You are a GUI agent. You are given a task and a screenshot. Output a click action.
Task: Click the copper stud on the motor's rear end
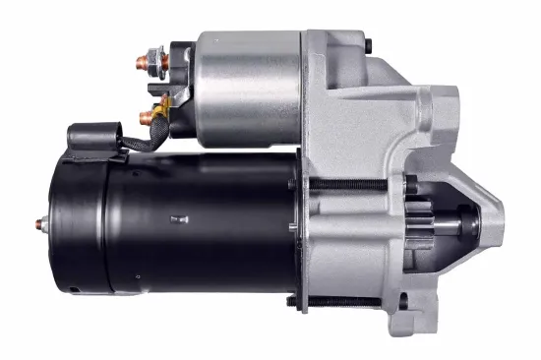coord(40,223)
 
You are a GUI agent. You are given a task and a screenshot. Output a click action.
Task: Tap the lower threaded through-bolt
coord(349,300)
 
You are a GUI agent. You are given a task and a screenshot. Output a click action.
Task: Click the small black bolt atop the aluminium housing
coord(368,45)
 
